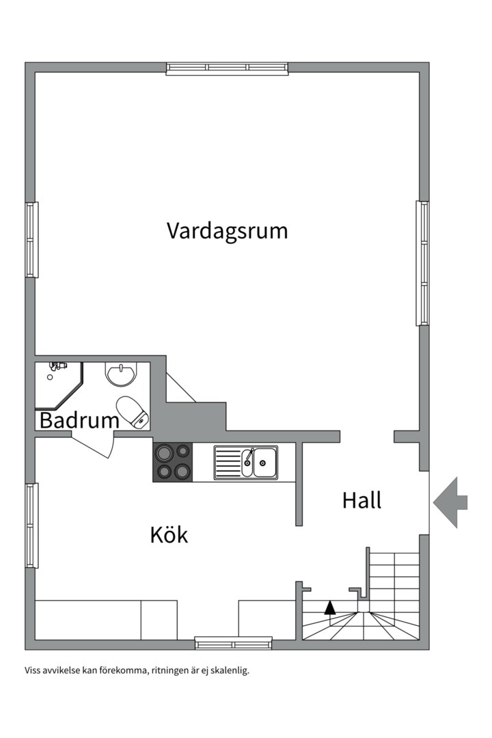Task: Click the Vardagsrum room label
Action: coord(227,231)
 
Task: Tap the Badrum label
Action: coord(79,420)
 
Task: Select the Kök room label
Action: coord(169,534)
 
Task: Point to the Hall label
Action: coord(361,501)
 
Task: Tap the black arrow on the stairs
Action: coord(330,607)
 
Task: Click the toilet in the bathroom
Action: coord(133,412)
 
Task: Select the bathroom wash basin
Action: coord(121,374)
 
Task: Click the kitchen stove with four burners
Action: coord(173,461)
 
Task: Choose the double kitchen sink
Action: coord(245,462)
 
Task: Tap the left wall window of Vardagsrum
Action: coord(31,239)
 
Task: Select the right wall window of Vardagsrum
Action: coord(423,263)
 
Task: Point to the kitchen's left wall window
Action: coord(31,525)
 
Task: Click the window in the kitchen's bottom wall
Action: coord(233,643)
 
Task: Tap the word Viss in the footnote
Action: coord(33,670)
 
